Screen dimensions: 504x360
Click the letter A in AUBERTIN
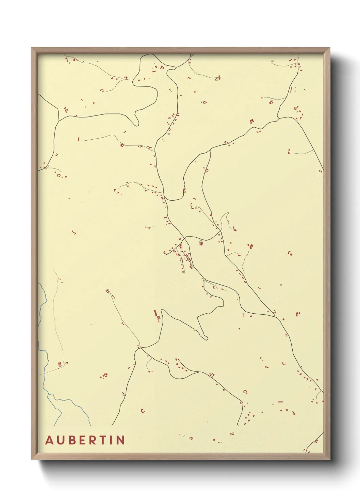[50, 440]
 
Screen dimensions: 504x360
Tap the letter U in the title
[61, 440]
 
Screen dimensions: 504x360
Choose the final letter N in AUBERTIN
[120, 440]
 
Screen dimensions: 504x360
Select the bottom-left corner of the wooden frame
[32, 459]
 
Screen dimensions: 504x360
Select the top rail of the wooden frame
[180, 50]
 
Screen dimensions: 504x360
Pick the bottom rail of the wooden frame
[180, 456]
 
